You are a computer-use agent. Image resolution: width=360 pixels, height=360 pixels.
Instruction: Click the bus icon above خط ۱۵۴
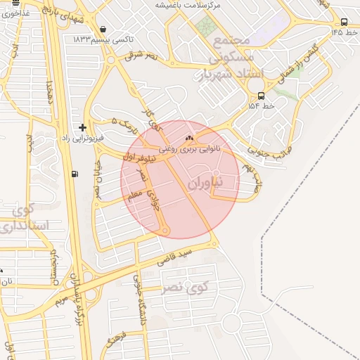262,96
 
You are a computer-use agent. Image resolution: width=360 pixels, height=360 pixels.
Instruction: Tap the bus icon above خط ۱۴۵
343,22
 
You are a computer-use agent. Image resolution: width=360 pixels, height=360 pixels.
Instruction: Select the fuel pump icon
75,174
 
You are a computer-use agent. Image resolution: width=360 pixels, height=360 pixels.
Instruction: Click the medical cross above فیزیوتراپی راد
83,127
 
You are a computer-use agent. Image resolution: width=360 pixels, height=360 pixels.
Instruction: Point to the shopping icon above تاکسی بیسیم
104,29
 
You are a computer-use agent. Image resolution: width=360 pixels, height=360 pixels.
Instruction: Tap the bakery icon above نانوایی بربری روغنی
188,139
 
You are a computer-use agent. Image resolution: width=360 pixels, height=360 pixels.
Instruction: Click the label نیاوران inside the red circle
205,182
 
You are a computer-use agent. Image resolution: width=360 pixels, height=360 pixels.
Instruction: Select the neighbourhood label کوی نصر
186,287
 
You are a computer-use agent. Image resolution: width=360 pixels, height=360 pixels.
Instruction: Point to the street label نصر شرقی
142,56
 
